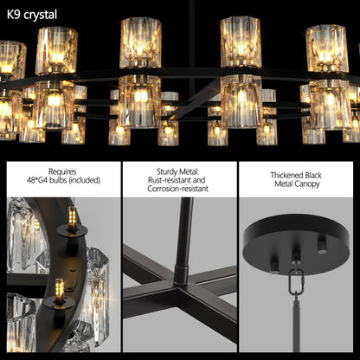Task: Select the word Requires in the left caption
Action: (61, 172)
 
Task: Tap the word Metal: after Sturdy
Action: (196, 172)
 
